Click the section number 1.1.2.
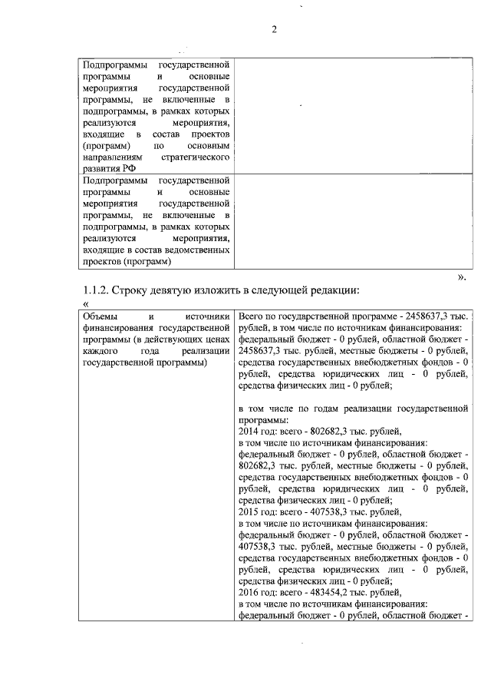(95, 291)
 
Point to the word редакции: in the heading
(334, 291)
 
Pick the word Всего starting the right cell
(253, 316)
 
